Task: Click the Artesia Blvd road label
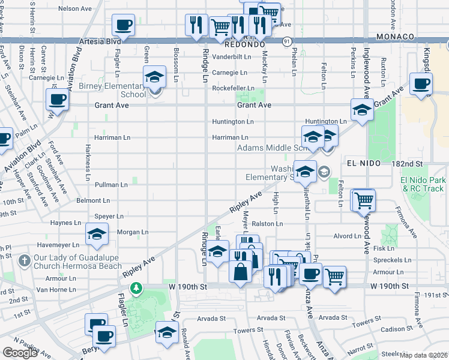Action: [x=100, y=41]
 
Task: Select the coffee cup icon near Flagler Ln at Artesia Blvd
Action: [x=123, y=26]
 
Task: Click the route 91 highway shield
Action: [x=288, y=41]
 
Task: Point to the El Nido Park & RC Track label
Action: [x=424, y=184]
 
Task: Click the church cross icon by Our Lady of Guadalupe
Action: [x=24, y=261]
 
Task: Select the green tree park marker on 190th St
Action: [x=137, y=289]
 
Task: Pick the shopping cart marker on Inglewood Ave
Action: [x=363, y=200]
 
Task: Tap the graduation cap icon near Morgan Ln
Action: [x=96, y=235]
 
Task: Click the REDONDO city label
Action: [x=245, y=45]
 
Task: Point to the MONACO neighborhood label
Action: [x=393, y=37]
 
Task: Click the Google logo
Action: [x=20, y=353]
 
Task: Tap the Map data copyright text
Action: [x=423, y=355]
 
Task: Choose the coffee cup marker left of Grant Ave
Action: [x=58, y=100]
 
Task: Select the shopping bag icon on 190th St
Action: [x=240, y=271]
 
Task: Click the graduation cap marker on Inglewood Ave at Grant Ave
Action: [x=362, y=110]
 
